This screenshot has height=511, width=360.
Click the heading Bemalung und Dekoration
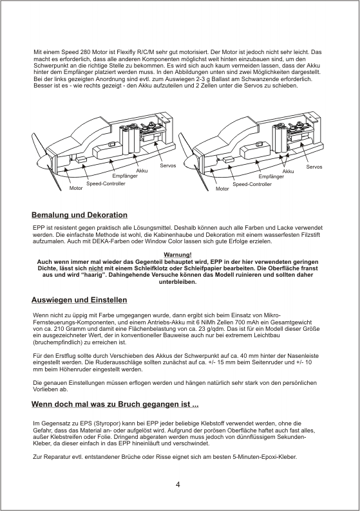point(79,215)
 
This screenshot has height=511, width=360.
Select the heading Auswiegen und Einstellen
point(79,300)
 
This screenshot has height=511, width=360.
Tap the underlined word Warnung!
point(177,255)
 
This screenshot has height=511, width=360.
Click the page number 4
point(178,485)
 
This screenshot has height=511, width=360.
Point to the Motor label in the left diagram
point(76,189)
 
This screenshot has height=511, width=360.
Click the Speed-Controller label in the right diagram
point(252,185)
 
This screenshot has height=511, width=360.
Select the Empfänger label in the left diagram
point(125,176)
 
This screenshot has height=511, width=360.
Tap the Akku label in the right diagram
point(289,171)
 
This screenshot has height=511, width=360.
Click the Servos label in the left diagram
point(168,165)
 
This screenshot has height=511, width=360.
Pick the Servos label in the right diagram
point(314,167)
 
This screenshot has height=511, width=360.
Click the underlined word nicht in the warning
point(95,268)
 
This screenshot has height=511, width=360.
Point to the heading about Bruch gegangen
point(115,404)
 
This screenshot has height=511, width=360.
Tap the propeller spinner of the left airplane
point(40,162)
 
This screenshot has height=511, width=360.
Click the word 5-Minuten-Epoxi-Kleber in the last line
point(265,457)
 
